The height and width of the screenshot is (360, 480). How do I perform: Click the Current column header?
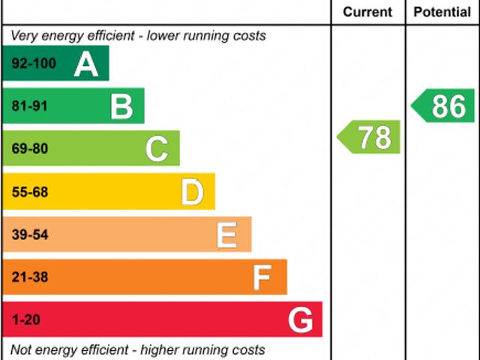coord(367,12)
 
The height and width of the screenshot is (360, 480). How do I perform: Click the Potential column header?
coord(442,12)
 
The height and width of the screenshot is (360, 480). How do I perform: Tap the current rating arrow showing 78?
coord(370,137)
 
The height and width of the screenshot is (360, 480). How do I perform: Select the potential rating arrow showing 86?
coord(444,106)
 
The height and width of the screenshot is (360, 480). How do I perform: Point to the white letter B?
coord(121,106)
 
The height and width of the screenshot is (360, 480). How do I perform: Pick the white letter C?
coord(157,149)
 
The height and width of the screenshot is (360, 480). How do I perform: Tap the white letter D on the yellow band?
coord(192,193)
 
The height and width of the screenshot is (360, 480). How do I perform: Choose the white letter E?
coord(227,235)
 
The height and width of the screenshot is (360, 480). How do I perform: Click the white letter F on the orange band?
coord(262,278)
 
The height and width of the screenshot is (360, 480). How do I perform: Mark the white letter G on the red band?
coord(300,321)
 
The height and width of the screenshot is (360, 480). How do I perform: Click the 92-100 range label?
coord(34,64)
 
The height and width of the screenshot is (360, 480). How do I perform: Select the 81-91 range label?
coord(29,106)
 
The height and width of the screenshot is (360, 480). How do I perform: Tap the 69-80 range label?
coord(29,149)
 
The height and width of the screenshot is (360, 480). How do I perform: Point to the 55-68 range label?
coord(29,193)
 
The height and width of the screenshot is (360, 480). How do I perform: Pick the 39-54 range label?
coord(29,235)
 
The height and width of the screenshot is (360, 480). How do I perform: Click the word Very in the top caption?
coord(24,35)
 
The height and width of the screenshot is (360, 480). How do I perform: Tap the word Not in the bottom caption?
coord(21,349)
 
